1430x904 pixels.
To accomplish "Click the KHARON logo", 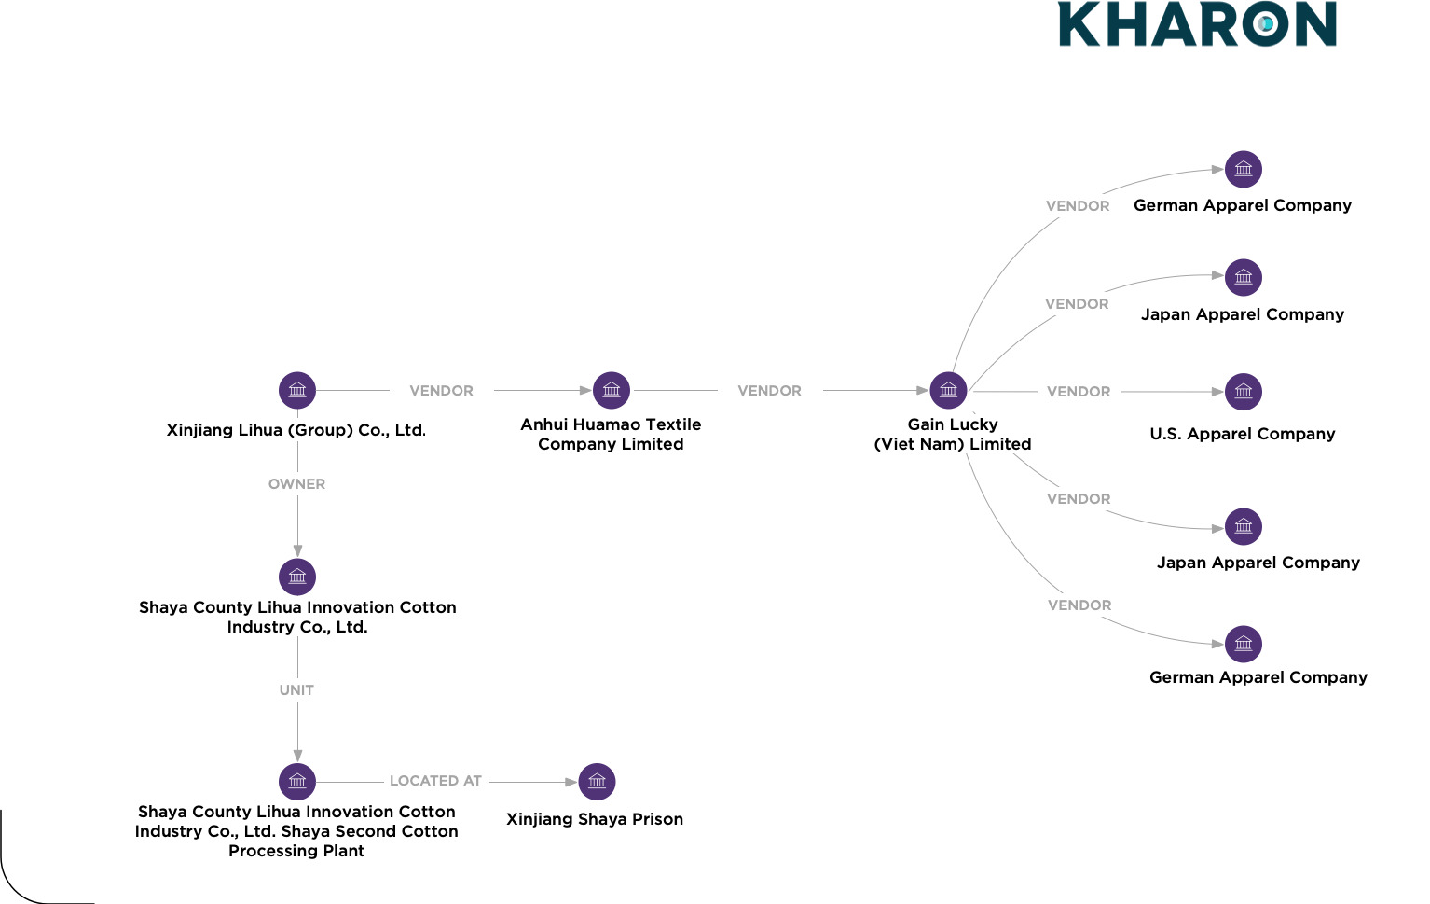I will point(1197,24).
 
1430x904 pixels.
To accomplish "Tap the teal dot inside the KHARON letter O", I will point(1266,24).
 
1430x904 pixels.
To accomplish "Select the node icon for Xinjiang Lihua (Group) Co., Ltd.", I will point(297,390).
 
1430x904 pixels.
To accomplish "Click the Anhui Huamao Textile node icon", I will point(612,390).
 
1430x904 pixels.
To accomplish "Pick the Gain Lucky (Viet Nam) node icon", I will point(948,390).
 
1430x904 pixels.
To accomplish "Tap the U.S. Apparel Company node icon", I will point(1244,392).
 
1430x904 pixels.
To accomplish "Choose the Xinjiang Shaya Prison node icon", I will point(598,782).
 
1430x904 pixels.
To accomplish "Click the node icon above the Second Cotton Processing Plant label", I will point(297,782).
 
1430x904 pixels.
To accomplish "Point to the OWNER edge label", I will point(296,484).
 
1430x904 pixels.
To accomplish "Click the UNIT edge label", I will point(296,690).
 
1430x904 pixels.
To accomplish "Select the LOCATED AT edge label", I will point(435,781).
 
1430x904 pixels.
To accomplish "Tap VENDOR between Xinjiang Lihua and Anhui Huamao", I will point(441,391).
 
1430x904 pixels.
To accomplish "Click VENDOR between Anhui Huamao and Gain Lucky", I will point(769,391).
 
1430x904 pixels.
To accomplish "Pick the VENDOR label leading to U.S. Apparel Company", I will point(1079,392).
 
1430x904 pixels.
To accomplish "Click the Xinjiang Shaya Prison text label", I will point(595,819).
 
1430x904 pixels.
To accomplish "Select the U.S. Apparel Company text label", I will point(1243,434).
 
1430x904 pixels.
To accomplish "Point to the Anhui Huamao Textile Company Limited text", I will point(611,434).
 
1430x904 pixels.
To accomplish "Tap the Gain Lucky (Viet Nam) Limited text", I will point(953,434).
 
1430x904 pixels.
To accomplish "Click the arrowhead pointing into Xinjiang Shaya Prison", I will point(571,782).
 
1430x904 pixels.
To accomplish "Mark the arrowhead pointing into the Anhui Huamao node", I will point(585,390).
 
